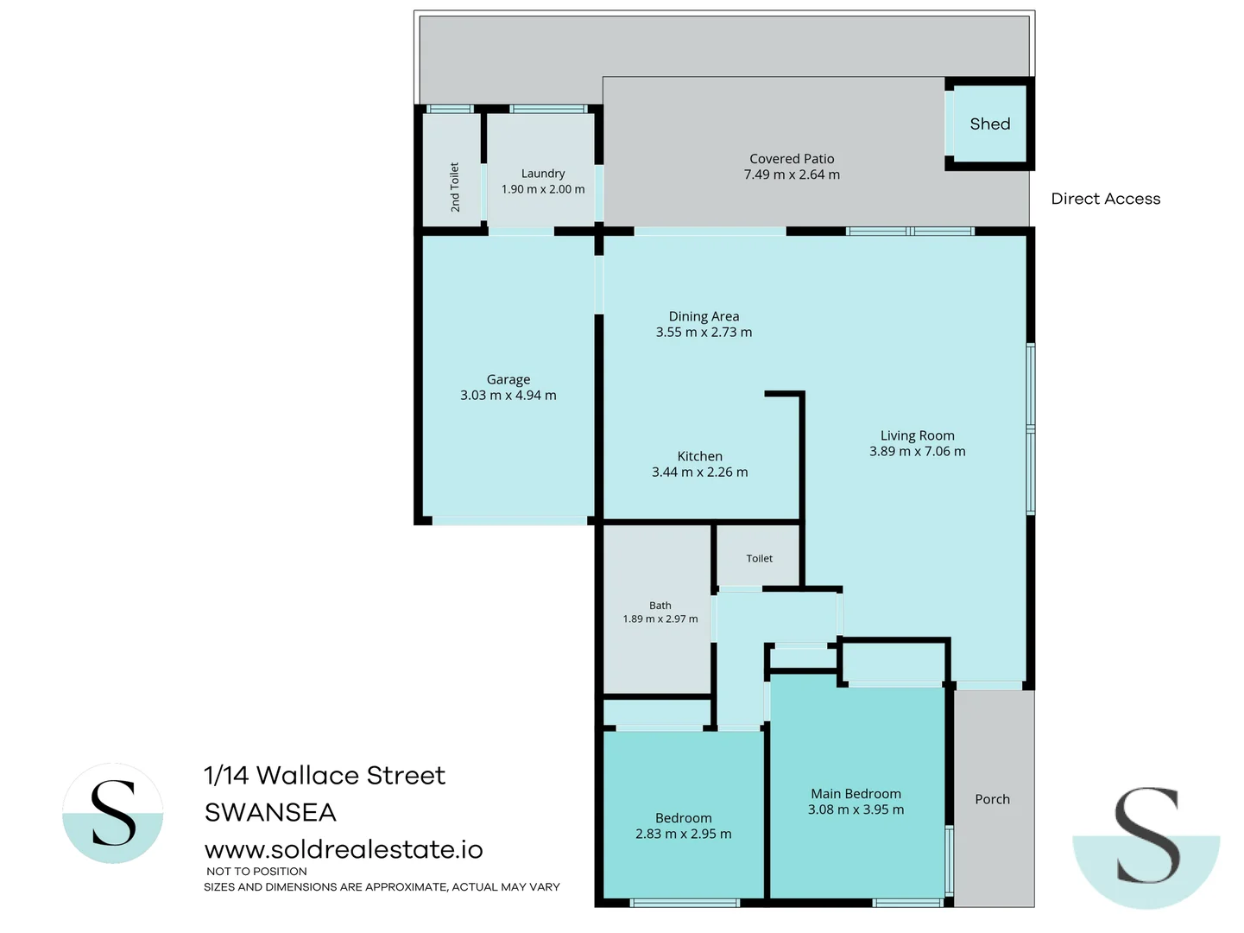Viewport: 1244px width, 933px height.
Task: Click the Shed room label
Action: (989, 124)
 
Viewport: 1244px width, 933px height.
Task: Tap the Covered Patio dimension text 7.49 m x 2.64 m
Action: (792, 175)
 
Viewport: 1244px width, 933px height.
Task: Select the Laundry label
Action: (543, 174)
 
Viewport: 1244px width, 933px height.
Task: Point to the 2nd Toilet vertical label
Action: (455, 187)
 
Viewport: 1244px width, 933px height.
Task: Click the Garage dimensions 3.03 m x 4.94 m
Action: (508, 396)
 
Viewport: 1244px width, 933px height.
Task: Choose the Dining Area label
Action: (704, 316)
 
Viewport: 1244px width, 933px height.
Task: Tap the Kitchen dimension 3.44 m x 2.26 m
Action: (700, 472)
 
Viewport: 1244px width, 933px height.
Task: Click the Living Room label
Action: (918, 435)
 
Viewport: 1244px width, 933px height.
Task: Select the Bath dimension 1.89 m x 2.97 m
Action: (660, 619)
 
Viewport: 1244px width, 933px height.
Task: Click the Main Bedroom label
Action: (856, 794)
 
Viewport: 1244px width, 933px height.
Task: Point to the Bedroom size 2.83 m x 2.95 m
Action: (684, 834)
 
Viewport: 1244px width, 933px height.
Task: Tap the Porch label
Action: (993, 799)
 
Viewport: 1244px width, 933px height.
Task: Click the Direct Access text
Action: (1106, 199)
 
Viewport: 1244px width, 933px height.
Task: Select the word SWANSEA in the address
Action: (270, 813)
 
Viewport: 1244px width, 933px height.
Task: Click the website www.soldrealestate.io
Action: (344, 849)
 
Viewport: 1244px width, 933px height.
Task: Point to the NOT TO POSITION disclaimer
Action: (256, 871)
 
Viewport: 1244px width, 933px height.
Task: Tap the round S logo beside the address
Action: (113, 813)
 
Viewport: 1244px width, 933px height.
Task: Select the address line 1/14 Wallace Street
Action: (325, 775)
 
